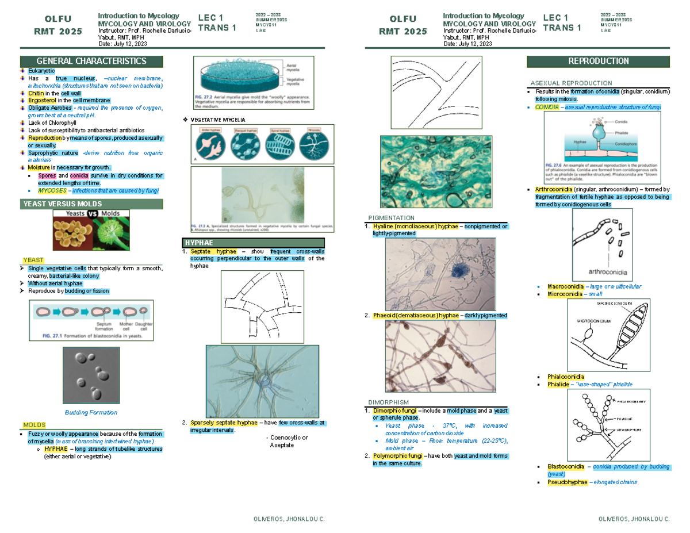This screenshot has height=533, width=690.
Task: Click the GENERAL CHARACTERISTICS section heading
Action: click(91, 62)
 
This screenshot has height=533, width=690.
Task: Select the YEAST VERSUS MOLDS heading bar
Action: click(62, 204)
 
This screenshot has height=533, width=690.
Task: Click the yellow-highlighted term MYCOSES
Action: click(52, 190)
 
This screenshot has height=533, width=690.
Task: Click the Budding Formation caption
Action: click(91, 412)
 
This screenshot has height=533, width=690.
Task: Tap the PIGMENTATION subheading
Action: click(390, 218)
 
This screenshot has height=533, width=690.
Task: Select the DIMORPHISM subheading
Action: click(388, 402)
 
